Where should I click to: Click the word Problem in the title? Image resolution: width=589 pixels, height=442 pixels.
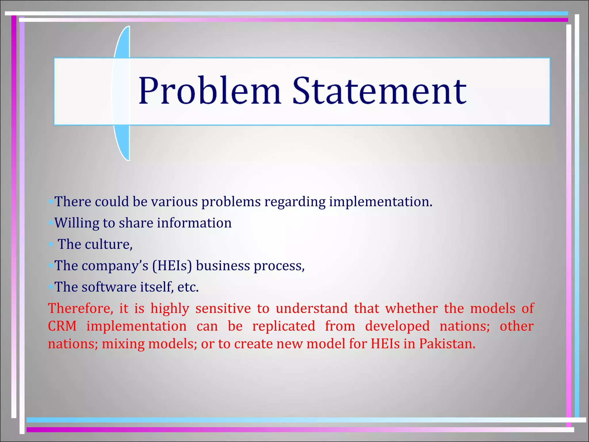(209, 91)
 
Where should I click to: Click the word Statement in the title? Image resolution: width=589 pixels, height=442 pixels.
(379, 91)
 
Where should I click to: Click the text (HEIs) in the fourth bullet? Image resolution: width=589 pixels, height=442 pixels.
(172, 266)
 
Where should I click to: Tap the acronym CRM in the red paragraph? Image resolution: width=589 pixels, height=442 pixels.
(62, 326)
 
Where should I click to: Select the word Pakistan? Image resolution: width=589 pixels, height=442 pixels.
(447, 344)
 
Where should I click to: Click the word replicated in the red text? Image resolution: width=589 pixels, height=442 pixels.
(284, 326)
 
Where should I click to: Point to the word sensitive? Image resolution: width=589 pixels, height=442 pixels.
(223, 308)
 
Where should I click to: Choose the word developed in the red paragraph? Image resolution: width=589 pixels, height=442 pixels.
(397, 326)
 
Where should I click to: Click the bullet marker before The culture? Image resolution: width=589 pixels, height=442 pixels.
(51, 245)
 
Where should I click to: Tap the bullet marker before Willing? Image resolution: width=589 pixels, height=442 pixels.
(51, 223)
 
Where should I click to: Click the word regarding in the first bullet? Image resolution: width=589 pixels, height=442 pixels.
(295, 202)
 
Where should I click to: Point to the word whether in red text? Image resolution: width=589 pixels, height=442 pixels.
(411, 308)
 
